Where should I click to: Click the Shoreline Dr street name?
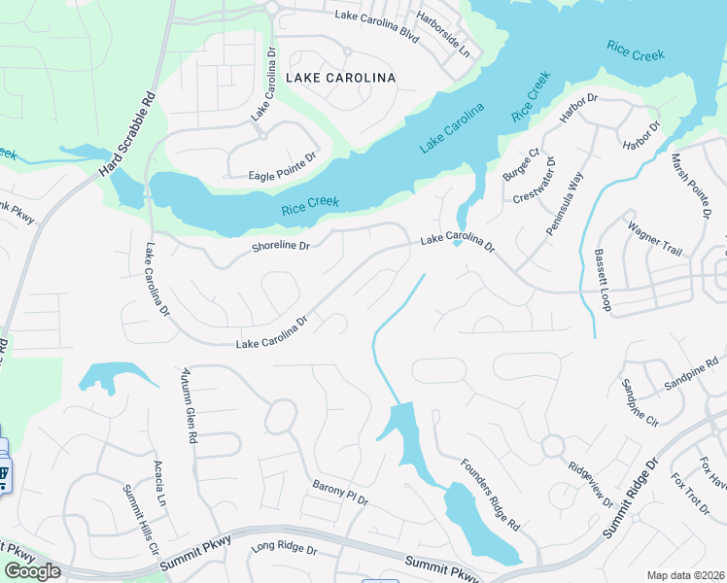(x=280, y=247)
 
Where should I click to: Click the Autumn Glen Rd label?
(x=189, y=406)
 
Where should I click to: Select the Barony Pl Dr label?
(x=340, y=493)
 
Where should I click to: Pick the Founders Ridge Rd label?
(x=491, y=495)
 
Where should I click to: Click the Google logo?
(x=33, y=571)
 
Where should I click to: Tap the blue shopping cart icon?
(x=3, y=475)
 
